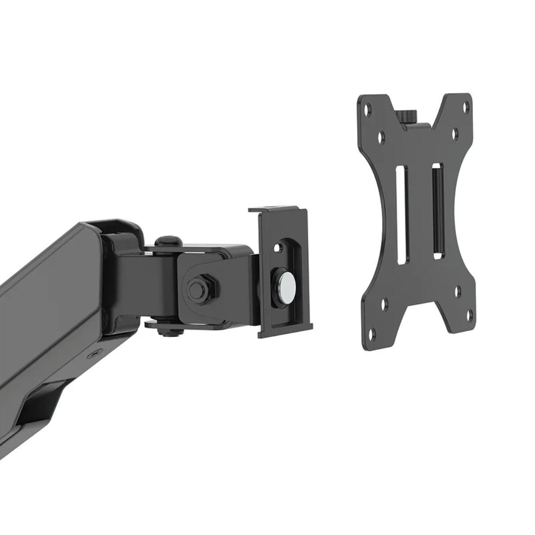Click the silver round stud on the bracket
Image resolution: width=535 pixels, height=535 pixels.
[x=286, y=284]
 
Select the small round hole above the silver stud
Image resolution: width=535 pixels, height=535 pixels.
[x=279, y=246]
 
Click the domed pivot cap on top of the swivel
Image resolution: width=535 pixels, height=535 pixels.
[x=169, y=241]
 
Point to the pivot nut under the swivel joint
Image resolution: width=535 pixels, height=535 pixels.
[x=168, y=331]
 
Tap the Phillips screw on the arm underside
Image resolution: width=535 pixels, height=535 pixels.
[x=94, y=355]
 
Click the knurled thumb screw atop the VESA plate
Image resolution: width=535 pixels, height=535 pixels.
[x=407, y=116]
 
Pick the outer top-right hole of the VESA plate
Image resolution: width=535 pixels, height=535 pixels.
[x=466, y=107]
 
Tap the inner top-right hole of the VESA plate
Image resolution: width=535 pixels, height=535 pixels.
[x=455, y=132]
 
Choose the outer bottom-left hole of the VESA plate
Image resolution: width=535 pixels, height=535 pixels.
[x=373, y=333]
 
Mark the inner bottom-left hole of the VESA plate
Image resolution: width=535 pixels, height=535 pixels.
[x=384, y=305]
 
